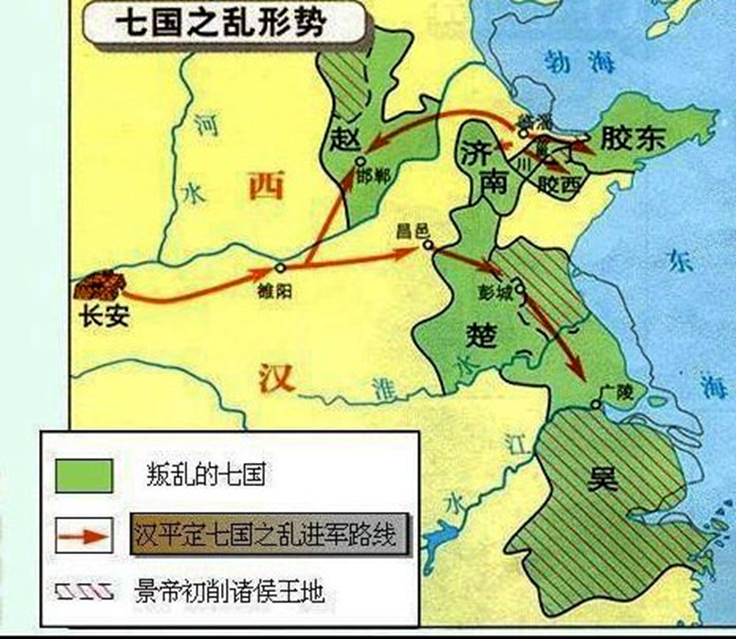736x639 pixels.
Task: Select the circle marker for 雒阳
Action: [280, 268]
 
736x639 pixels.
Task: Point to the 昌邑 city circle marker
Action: [428, 245]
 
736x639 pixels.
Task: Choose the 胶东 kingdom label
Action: [633, 138]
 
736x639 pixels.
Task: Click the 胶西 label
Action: [559, 186]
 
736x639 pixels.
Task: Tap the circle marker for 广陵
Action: [596, 405]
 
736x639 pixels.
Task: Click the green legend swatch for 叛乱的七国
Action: [84, 476]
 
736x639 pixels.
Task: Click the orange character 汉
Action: [276, 378]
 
